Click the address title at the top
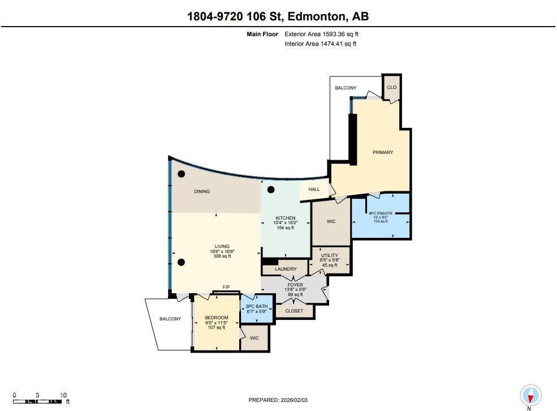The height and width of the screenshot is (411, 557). coord(278,16)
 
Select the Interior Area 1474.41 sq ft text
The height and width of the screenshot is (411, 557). coord(320,44)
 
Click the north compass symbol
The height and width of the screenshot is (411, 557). coord(530,395)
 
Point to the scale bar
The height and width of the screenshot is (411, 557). coord(37,401)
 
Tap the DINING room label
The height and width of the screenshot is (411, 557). coord(202,191)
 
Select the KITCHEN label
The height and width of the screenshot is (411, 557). coord(286,218)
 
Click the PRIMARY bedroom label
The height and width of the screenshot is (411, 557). coord(383,152)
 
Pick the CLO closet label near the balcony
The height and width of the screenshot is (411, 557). coord(391,88)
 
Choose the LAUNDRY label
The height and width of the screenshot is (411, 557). coord(287,269)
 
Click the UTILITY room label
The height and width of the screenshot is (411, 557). coord(329,256)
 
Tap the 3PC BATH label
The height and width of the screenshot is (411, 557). coord(257,306)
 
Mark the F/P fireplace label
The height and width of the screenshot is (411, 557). coord(226,288)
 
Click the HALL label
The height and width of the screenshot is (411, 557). coord(314,190)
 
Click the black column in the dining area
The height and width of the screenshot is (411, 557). coord(182,174)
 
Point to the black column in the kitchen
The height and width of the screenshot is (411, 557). coord(271,190)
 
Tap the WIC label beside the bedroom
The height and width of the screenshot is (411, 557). coord(254,338)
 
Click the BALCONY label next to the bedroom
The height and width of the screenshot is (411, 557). coord(170,319)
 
